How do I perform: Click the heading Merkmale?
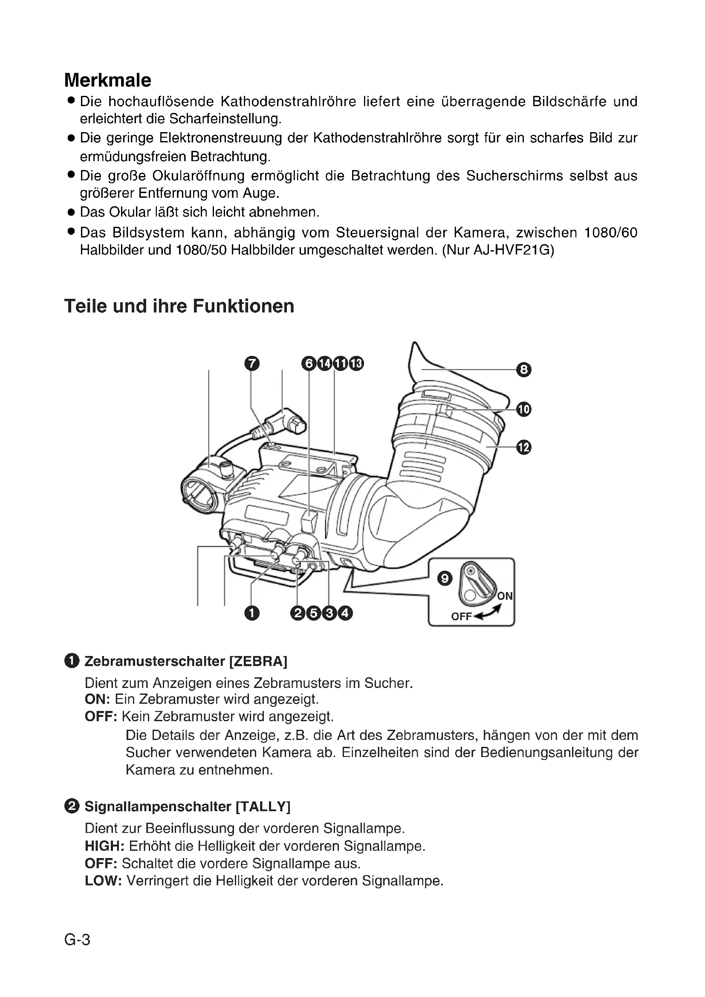pos(108,80)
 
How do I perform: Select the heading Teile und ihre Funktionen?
pos(179,306)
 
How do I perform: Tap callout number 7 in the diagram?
pos(252,363)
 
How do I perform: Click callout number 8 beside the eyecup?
pos(523,370)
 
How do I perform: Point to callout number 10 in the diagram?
pos(523,409)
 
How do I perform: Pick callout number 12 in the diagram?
pos(523,447)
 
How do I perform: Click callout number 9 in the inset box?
pos(445,578)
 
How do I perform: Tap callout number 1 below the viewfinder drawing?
pos(252,613)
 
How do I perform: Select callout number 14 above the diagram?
pos(324,363)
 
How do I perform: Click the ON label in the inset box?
pos(504,596)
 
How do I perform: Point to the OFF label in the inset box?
pos(461,617)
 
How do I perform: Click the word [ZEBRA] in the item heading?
pos(258,662)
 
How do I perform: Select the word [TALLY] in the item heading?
pos(263,806)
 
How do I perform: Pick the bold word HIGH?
pos(104,846)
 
